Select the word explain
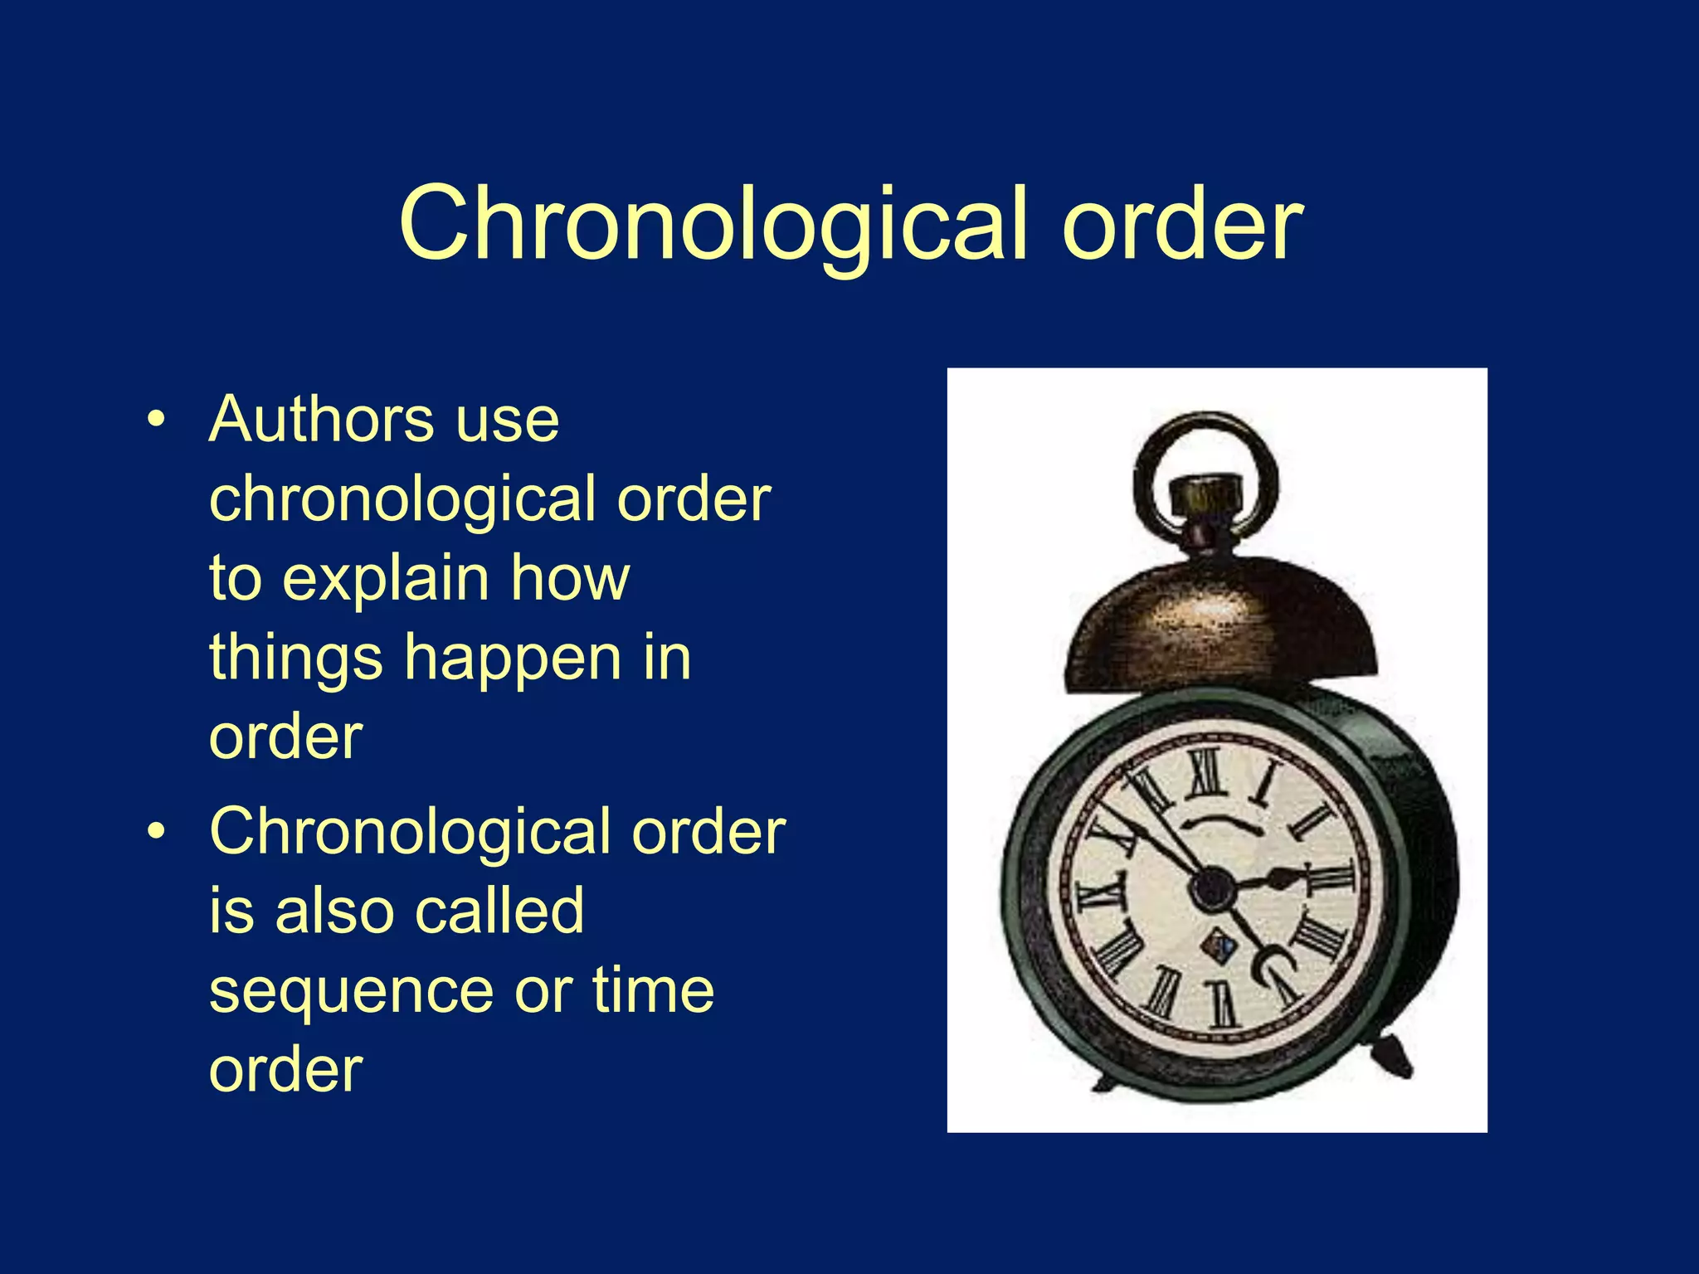coord(386,579)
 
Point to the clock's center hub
coord(1212,887)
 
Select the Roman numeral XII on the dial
coord(1207,771)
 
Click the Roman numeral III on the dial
coord(1331,877)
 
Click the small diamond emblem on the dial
coord(1218,944)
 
